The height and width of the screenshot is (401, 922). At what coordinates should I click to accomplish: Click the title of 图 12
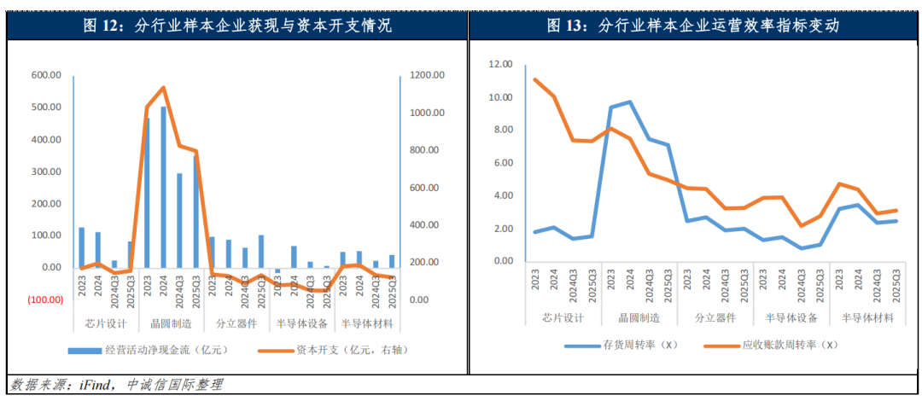236,26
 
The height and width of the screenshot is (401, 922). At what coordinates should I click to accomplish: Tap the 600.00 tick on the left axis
46,75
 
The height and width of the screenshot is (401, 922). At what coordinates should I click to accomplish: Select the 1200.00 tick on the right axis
426,75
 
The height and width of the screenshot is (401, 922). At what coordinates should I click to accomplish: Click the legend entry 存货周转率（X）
621,345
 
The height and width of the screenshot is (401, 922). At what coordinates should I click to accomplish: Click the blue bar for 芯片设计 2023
82,247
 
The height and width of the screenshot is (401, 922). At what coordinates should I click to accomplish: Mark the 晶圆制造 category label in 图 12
170,324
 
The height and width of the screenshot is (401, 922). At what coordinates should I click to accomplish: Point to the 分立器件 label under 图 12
236,324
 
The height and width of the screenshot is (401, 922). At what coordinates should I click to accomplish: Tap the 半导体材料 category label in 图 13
868,318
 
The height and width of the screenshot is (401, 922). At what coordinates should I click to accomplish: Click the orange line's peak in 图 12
163,87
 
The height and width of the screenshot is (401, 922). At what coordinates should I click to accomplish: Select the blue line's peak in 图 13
629,102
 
